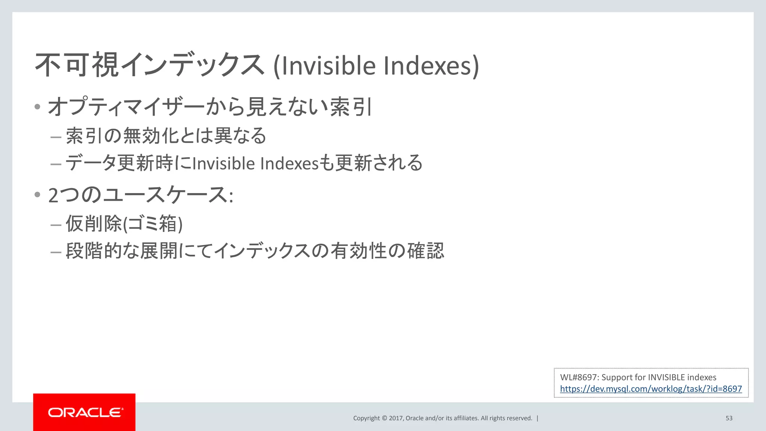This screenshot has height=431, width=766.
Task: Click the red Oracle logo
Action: click(x=84, y=412)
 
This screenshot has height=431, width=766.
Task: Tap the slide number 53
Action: click(x=729, y=418)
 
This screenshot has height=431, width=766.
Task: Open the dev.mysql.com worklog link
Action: click(x=651, y=389)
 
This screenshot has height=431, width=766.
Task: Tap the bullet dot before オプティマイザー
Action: click(x=37, y=107)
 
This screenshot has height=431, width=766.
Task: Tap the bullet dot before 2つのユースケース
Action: click(x=37, y=195)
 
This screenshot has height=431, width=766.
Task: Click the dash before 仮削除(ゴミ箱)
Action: click(x=56, y=224)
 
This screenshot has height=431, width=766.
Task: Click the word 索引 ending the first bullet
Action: click(x=351, y=107)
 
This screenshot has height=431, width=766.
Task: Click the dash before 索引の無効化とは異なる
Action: click(x=56, y=137)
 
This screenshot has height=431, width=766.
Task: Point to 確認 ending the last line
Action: click(x=426, y=250)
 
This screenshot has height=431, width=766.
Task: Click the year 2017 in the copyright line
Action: click(x=396, y=418)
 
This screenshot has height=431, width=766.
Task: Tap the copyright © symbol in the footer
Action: click(x=384, y=418)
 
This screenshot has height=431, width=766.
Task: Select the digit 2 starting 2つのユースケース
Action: click(x=53, y=195)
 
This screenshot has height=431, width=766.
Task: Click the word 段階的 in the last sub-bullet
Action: click(x=94, y=250)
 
